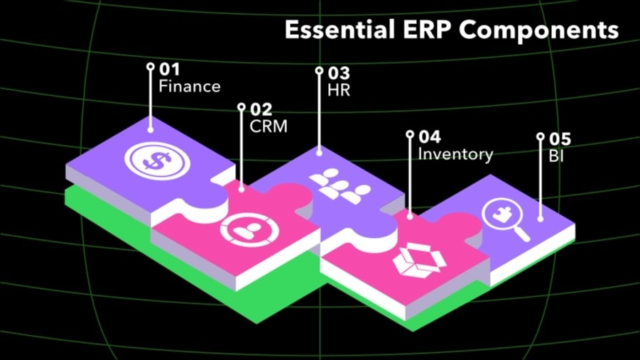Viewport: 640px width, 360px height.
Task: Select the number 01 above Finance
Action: click(169, 70)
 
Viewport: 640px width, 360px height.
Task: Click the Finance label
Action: click(189, 87)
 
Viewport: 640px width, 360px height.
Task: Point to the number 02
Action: click(261, 109)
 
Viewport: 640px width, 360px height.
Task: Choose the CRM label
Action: click(269, 126)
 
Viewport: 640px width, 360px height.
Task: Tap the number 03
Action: click(339, 73)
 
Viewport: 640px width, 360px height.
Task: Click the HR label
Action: click(339, 90)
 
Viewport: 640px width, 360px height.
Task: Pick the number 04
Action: click(429, 136)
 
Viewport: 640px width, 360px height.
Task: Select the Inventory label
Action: click(455, 153)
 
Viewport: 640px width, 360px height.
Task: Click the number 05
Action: click(560, 139)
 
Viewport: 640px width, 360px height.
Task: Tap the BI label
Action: click(556, 156)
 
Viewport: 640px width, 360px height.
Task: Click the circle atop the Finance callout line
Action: click(150, 67)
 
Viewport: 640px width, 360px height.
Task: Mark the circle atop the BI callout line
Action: click(540, 136)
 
